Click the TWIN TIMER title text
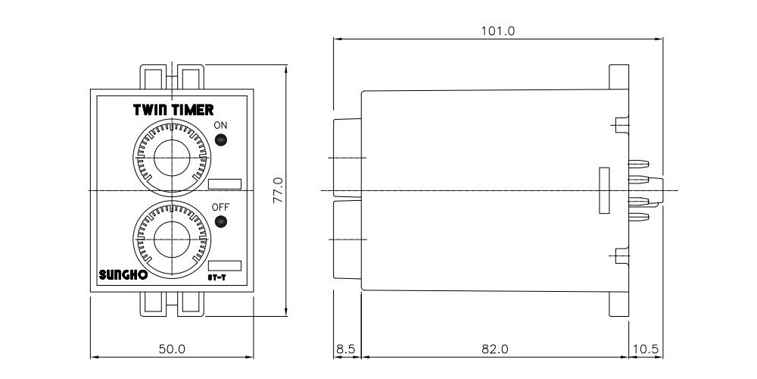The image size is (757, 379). pos(173,110)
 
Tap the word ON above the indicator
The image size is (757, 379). pos(220,125)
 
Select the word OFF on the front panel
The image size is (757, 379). pos(220,207)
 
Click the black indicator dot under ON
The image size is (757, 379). pos(221,140)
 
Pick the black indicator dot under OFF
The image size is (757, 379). pos(221,222)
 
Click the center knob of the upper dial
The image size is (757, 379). pos(173,158)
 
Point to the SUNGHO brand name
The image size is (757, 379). pos(123,276)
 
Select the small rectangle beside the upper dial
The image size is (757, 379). pos(224,183)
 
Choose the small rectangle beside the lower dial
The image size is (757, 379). pos(224,265)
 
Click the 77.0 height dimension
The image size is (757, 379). pos(278,189)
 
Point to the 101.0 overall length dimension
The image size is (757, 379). pos(497,31)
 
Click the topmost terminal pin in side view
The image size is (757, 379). pos(640,163)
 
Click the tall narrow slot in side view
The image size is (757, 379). pos(603,189)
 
